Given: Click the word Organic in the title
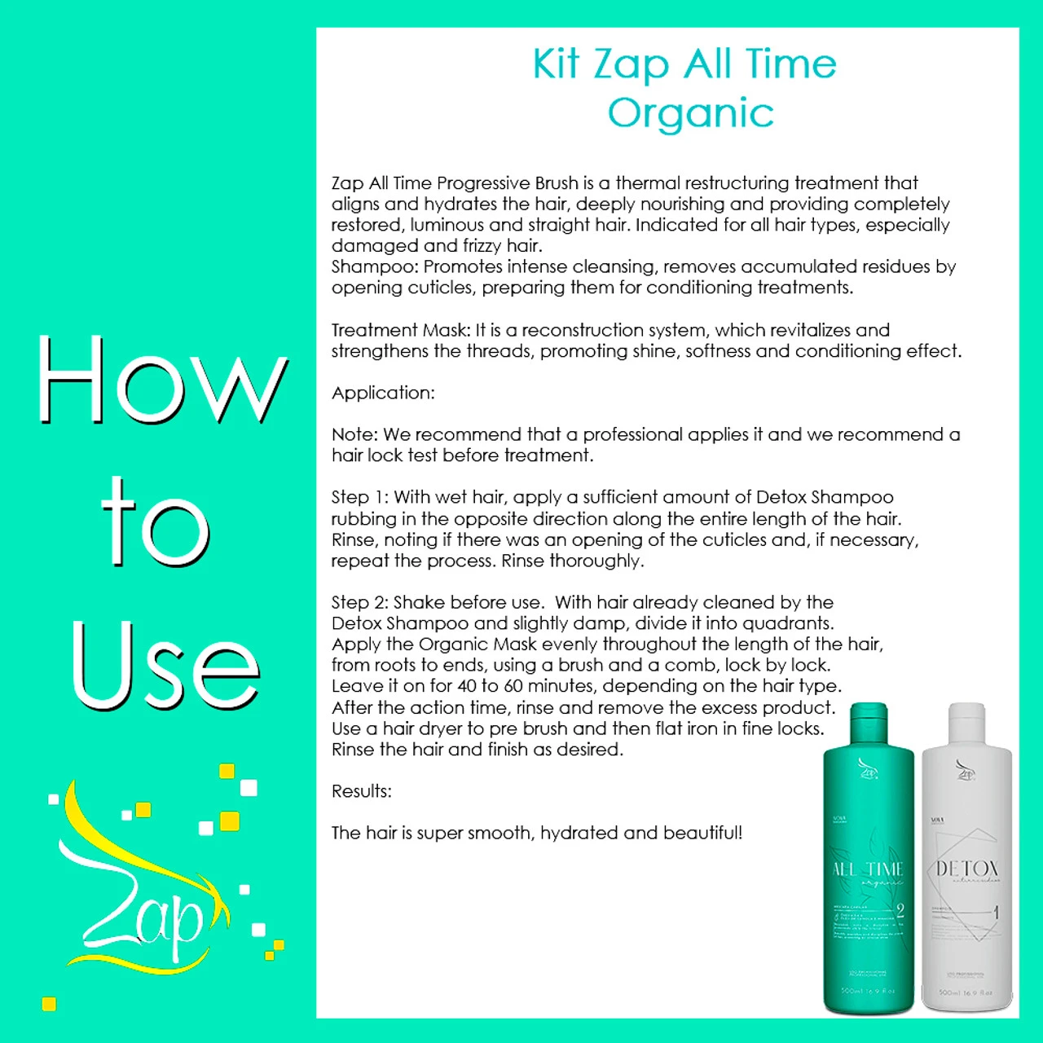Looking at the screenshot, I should (x=691, y=113).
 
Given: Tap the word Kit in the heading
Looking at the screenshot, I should (x=556, y=64).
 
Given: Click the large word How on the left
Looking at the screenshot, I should (x=161, y=381).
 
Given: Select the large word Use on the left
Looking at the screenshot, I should (x=165, y=667).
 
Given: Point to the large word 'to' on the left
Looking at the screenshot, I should (x=156, y=524).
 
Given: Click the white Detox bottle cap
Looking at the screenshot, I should (x=967, y=722).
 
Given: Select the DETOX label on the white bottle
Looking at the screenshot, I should (x=966, y=869).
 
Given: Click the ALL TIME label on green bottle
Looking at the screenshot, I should (x=868, y=869).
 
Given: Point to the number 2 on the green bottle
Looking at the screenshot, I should (x=900, y=910).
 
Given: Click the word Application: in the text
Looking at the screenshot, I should (x=383, y=393).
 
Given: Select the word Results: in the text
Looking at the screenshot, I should (x=362, y=791).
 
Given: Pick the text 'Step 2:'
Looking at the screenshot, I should (x=360, y=602).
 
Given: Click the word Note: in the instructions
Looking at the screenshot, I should (x=354, y=434).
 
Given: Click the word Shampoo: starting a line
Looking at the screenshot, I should (x=375, y=266).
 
